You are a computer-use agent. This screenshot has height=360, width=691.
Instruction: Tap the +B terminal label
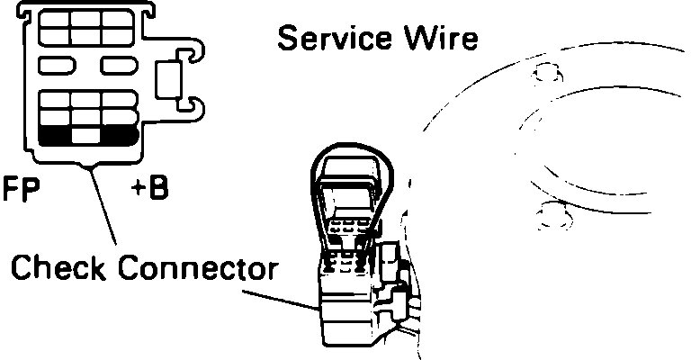tap(149, 191)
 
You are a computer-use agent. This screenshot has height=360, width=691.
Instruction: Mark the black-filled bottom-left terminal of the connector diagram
tap(56, 135)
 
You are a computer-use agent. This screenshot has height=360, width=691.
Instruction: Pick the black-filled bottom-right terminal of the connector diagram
tap(118, 135)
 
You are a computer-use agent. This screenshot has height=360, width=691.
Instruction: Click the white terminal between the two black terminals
tap(86, 135)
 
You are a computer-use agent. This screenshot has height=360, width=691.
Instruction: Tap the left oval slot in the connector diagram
tap(56, 66)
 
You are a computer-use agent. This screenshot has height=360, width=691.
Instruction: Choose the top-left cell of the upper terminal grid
tap(55, 19)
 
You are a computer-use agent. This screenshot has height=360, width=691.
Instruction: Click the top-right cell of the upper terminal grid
tap(118, 19)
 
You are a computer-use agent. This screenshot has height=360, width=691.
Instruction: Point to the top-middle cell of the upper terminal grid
tap(86, 19)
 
